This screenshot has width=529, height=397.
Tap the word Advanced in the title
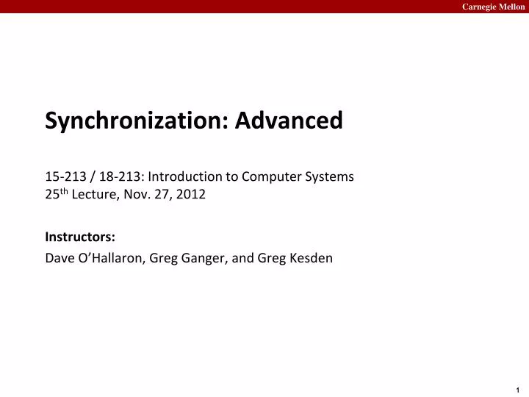(289, 120)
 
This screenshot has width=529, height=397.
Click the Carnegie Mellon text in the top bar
(493, 7)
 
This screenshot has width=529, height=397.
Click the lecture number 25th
(55, 195)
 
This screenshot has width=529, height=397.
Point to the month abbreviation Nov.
(137, 195)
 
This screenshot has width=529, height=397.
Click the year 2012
(191, 195)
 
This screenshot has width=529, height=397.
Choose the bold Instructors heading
(79, 237)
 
